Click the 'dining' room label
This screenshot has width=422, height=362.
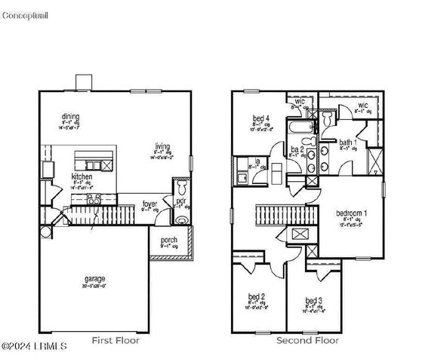coord(72,116)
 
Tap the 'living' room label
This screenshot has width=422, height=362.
coord(162,146)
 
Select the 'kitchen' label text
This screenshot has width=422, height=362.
coord(82,176)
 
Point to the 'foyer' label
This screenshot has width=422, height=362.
coord(149,204)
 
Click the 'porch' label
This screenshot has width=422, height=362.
coord(168,241)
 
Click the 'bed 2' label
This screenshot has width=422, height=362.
coord(257,296)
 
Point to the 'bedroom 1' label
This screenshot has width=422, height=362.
coord(351,213)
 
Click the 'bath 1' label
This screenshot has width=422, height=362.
coord(348,142)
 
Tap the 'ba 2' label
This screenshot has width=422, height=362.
coord(297,149)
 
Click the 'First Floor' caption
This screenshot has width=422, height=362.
coord(116,341)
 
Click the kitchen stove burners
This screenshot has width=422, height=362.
coord(94,198)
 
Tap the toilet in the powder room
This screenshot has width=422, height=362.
coord(180,187)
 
